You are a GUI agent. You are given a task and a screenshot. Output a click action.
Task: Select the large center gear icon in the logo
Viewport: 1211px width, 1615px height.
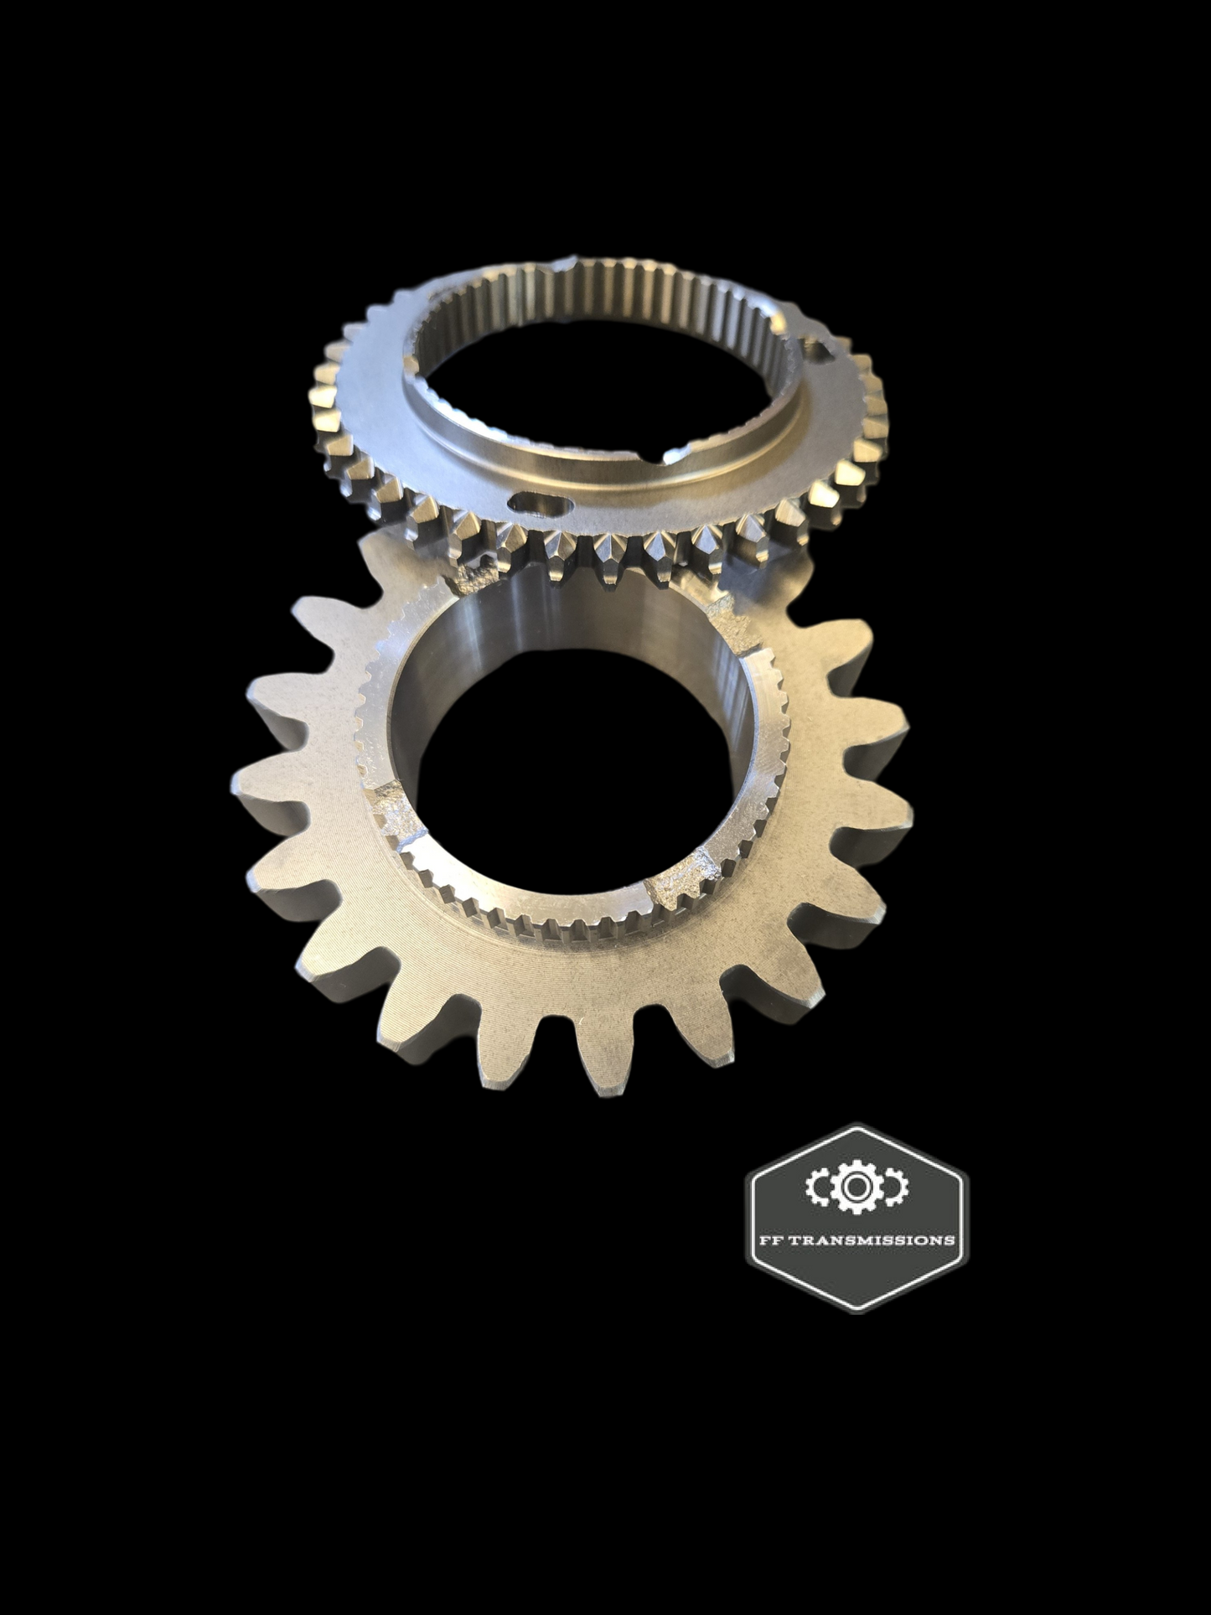coord(854,1185)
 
